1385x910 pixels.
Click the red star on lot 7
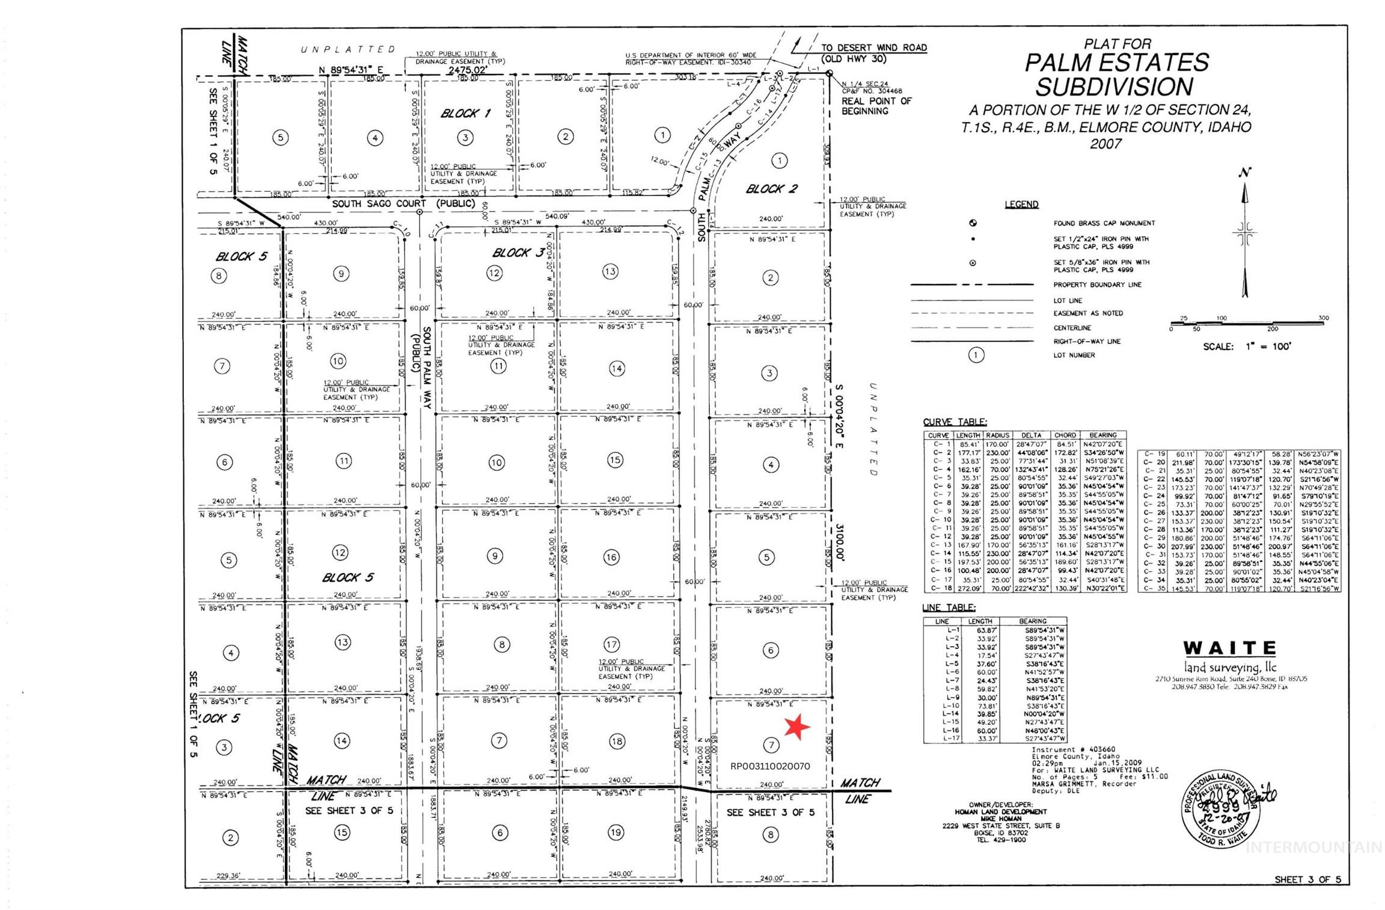click(797, 727)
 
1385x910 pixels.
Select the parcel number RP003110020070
click(770, 766)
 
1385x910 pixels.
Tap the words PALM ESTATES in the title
click(1116, 63)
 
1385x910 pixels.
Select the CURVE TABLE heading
click(955, 422)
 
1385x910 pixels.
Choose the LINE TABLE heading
click(949, 608)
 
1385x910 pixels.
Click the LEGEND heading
click(1021, 204)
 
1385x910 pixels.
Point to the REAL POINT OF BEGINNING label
click(876, 106)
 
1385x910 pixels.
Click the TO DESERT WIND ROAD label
click(873, 48)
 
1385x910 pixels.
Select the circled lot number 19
click(616, 832)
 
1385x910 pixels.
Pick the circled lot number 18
click(617, 741)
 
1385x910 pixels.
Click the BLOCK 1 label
click(465, 113)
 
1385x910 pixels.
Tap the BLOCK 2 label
click(771, 189)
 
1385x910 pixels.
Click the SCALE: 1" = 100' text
click(1246, 346)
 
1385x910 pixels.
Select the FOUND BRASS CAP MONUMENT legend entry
click(1104, 223)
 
